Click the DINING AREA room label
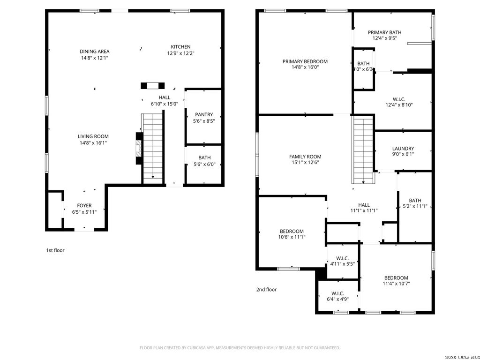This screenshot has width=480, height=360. tap(94, 52)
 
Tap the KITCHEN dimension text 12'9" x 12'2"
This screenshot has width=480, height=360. tap(180, 53)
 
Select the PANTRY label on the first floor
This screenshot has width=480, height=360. tap(204, 114)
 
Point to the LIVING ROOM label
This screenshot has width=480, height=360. tap(93, 136)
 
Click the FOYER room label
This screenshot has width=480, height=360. tap(84, 206)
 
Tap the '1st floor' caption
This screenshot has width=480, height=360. tap(55, 250)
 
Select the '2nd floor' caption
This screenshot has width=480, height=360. tap(266, 290)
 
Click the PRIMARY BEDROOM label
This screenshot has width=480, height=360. tap(305, 61)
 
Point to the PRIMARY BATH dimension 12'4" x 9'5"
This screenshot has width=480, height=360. tap(384, 39)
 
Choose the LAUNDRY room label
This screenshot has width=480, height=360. tap(403, 149)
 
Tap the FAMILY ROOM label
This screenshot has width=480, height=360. tap(305, 157)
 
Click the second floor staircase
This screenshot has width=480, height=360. tap(363, 150)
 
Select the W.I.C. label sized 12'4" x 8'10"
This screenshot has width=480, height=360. tap(399, 99)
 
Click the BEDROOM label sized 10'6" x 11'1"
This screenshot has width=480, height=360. tap(292, 231)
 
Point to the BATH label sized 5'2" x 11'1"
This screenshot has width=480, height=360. tap(415, 200)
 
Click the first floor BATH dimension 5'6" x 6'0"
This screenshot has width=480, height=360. tap(204, 164)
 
